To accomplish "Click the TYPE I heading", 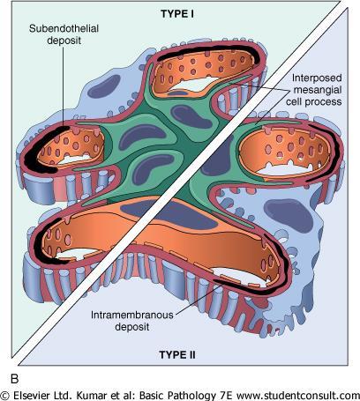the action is [177, 14].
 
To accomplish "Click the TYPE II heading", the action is [177, 355].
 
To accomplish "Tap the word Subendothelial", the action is [64, 28].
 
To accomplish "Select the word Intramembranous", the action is [132, 315].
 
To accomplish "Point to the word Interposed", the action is [317, 78].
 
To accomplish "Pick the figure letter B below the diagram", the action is [15, 379].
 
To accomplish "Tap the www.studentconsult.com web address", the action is [298, 395].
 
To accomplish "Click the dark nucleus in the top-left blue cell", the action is [104, 86].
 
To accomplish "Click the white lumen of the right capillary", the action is [285, 170].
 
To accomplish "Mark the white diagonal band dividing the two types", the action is [180, 182].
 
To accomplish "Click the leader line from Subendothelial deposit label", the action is [63, 85].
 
